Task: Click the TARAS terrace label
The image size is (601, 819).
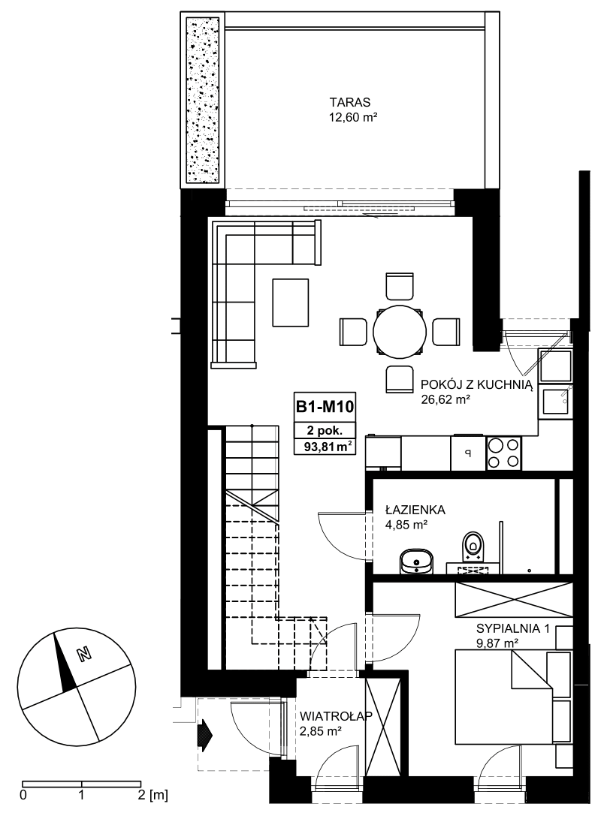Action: tap(349, 102)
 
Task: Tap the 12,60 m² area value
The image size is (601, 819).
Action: tap(353, 117)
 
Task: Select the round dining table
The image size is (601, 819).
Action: tap(398, 333)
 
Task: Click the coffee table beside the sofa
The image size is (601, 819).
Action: tap(291, 303)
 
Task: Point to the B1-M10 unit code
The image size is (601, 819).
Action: tap(325, 406)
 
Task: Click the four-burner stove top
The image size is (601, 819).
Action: tap(503, 453)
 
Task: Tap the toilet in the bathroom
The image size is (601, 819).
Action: tap(473, 547)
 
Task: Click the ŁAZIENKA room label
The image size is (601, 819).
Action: tap(415, 510)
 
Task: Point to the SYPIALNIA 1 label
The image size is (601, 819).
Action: tap(512, 628)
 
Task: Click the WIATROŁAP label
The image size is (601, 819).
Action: tap(336, 716)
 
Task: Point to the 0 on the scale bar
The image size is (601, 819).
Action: tap(23, 796)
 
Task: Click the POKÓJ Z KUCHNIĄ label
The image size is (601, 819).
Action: tap(476, 385)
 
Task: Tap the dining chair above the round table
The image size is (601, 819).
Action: tap(400, 285)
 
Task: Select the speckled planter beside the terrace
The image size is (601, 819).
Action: tap(204, 101)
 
